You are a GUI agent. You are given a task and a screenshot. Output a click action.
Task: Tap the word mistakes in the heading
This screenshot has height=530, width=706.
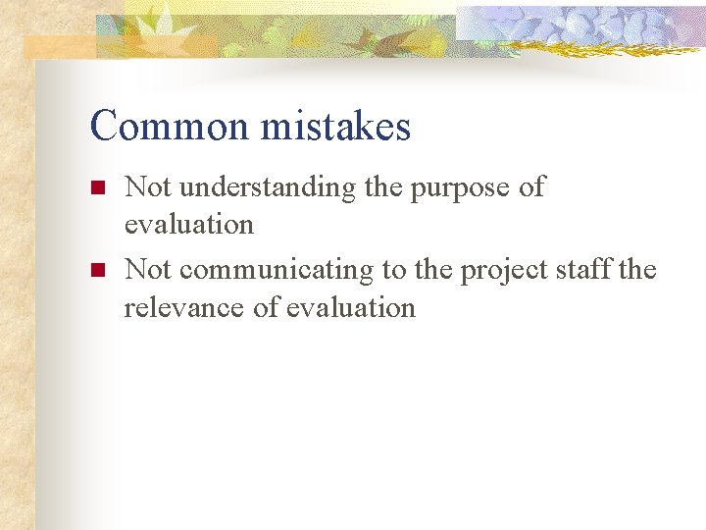coord(335,127)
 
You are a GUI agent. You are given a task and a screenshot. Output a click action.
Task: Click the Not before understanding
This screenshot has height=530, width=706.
coord(147,186)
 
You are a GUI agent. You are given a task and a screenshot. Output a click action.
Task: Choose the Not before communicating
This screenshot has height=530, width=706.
coord(147,269)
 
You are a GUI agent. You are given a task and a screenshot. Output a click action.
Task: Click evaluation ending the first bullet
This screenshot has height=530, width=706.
coord(188,224)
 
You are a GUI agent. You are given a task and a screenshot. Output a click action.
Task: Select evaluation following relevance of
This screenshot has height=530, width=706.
coord(350,307)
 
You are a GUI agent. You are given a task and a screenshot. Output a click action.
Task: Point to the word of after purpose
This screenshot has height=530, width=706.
coord(531,186)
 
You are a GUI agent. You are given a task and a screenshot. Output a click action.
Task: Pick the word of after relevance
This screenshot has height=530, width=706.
coord(266,307)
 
